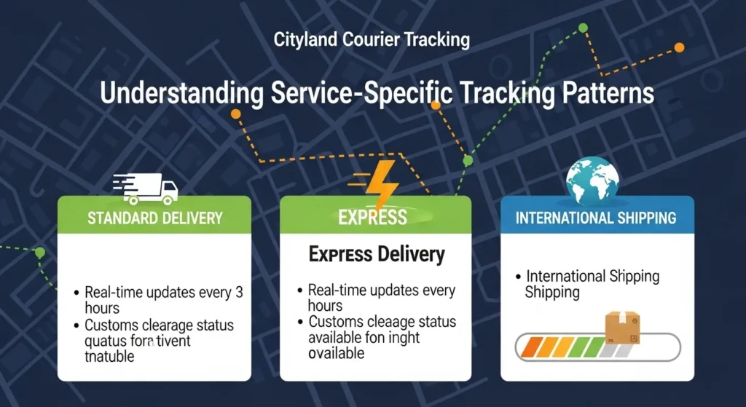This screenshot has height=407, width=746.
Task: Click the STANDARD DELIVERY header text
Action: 154,218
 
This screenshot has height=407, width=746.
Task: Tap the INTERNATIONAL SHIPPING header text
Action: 596,218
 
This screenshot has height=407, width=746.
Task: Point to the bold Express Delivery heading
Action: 376,255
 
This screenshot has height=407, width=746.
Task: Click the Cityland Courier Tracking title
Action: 372,39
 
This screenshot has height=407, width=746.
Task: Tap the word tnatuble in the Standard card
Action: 109,357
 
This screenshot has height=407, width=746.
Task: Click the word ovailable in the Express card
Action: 336,353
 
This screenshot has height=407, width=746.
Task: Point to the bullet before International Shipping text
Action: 518,277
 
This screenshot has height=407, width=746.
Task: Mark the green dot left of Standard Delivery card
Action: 40,253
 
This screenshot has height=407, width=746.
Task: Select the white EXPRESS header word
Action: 372,218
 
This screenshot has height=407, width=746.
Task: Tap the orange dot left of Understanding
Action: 235,114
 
